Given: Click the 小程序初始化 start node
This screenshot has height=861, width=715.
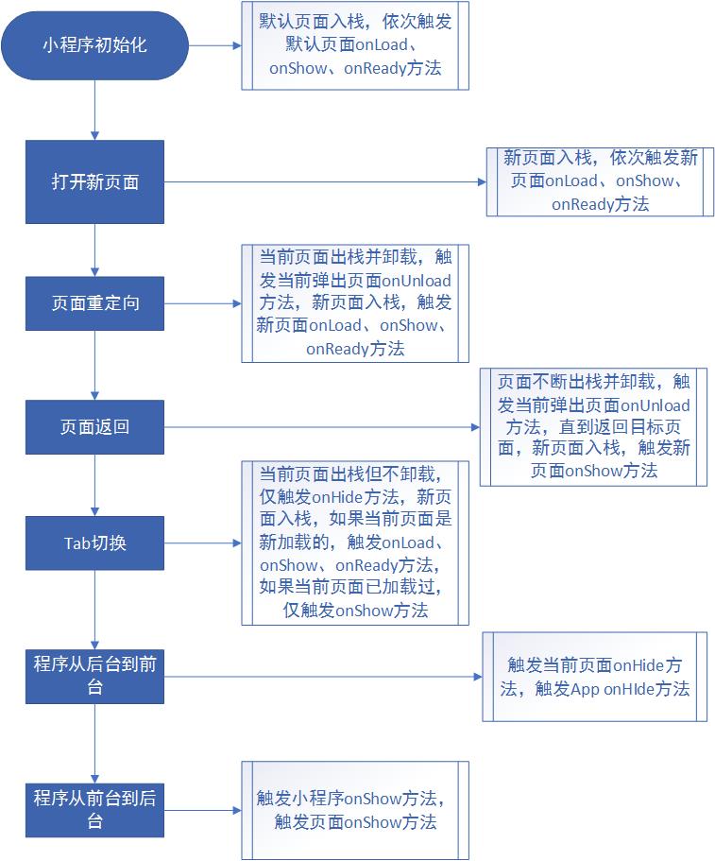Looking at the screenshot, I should coord(94,44).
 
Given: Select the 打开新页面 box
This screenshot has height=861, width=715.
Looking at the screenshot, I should coord(94,182).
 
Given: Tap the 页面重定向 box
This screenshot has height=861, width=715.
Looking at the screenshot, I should coord(94,303).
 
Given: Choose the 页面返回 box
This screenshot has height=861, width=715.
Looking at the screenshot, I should coord(94,426).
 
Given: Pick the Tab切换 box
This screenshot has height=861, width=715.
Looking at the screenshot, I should coord(94,542).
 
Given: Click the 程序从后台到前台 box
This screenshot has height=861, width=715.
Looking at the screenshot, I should coord(94,675).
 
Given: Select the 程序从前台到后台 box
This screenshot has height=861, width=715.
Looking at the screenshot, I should coord(94,809).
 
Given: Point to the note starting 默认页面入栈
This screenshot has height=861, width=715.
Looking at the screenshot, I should coord(354,45).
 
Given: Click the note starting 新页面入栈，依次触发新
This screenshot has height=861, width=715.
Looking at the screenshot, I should coord(600,181).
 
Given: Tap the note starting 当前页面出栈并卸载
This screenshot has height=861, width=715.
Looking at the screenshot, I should coord(354,302).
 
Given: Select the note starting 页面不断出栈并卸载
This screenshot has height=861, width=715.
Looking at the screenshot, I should coord(593,427).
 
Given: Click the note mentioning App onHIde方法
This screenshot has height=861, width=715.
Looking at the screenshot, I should coord(594,677).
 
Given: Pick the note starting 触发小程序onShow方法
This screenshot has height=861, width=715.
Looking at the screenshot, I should coord(354,809).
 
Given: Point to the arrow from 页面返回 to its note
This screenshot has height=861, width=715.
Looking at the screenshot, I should coord(321,427).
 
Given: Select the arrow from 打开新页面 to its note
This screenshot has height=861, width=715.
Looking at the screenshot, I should coord(325,181).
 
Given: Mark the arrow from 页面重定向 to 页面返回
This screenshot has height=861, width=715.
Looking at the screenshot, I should coord(95,365).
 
